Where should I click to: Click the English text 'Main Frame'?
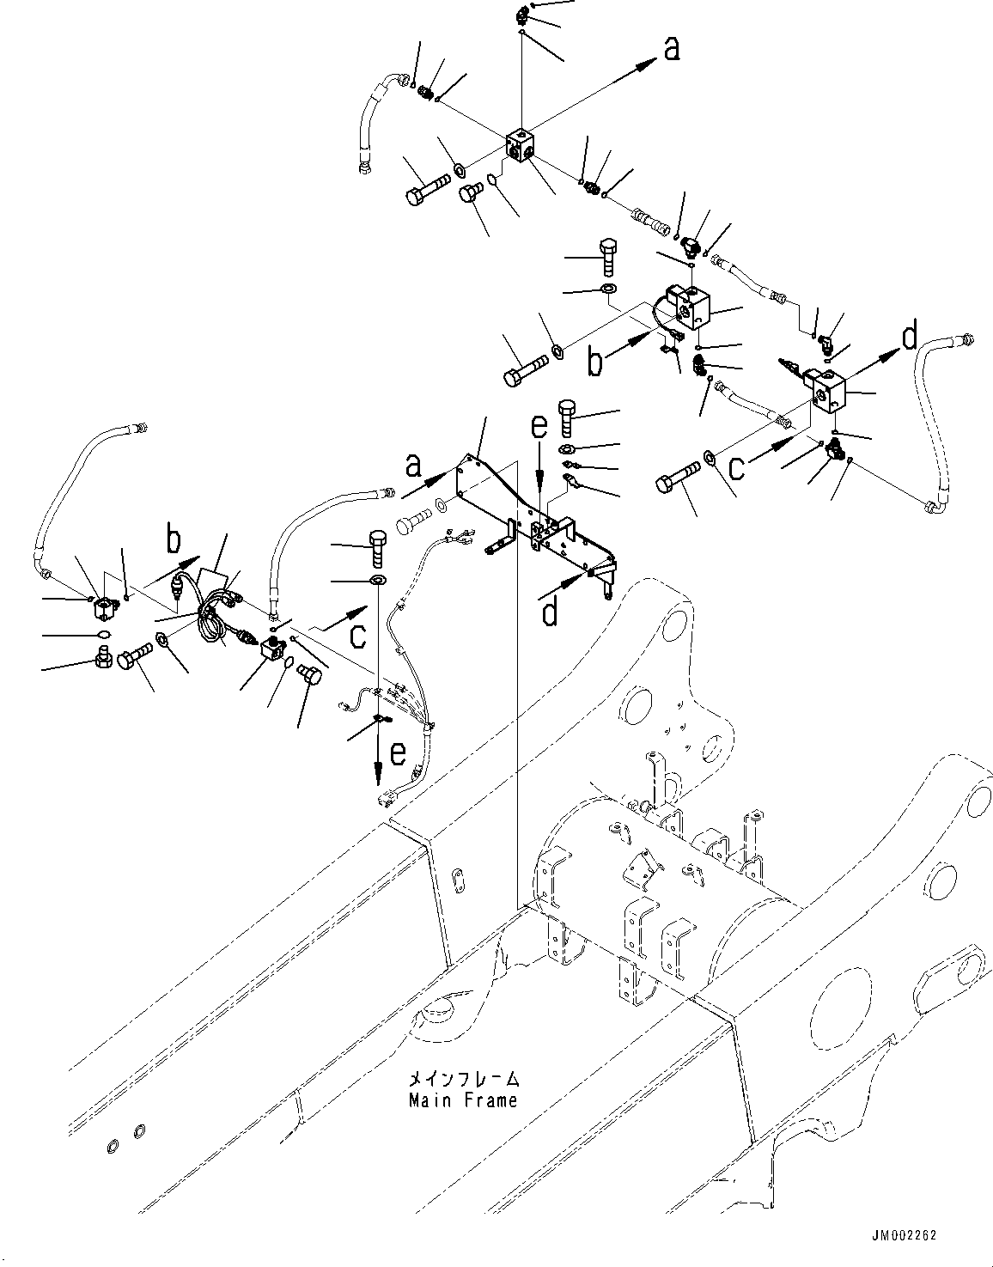463,1099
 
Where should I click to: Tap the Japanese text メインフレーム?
464,1079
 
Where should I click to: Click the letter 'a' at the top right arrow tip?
671,49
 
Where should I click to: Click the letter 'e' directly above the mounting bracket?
538,426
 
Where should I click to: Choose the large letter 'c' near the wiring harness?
358,635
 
